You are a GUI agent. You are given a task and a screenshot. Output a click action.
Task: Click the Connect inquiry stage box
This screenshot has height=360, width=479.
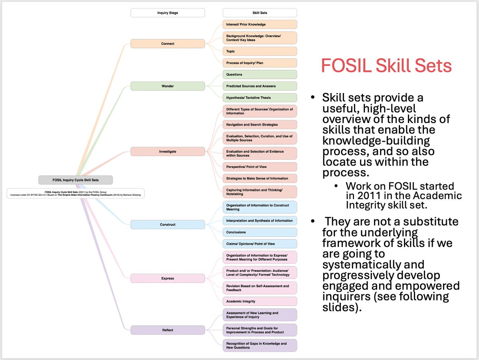168,44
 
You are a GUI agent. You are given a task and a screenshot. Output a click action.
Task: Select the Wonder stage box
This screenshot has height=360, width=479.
168,86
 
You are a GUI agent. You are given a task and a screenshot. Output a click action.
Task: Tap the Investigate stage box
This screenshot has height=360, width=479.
168,151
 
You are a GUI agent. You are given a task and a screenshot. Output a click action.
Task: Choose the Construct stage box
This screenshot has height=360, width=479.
168,225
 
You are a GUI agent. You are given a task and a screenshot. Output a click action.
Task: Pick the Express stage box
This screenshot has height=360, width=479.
168,278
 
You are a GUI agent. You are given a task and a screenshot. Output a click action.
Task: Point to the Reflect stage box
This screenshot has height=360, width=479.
168,330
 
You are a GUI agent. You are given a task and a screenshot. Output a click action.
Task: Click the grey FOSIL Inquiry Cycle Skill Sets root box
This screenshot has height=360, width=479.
75,180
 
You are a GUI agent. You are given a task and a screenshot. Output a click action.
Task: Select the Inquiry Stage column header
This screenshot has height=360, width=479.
168,13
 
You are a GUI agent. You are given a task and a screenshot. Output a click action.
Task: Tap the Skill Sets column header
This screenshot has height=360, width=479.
260,13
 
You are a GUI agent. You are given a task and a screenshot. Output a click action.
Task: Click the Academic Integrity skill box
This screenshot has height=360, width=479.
260,301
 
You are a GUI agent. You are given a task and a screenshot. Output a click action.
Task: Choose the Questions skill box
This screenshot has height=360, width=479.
260,74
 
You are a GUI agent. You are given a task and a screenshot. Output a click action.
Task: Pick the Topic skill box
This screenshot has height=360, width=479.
260,51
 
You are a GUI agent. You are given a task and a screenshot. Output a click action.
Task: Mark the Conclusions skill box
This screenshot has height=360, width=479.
260,232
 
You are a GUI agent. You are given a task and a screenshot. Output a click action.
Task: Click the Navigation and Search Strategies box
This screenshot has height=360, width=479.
260,125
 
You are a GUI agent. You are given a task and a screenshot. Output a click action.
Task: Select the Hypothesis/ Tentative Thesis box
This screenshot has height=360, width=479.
260,97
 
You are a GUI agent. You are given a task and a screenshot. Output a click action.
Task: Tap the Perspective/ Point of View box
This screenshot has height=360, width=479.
260,167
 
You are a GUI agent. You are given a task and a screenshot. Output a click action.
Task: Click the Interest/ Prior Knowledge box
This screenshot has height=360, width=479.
260,24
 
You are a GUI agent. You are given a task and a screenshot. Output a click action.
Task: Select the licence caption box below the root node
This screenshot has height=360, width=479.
75,193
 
